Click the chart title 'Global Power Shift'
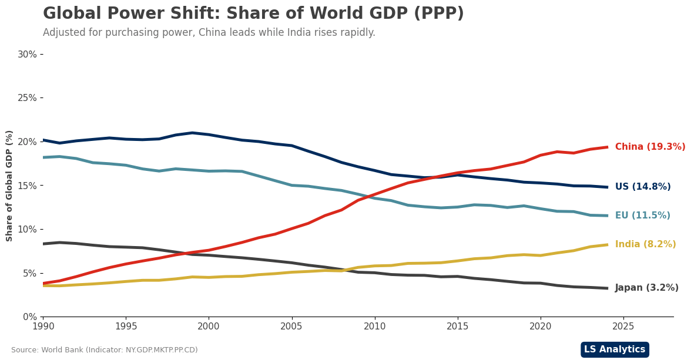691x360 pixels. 253,14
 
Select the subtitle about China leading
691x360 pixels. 209,33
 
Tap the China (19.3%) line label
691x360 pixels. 650,147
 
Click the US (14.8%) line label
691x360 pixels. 642,187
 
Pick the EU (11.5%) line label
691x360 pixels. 642,216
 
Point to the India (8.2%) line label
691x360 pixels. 645,244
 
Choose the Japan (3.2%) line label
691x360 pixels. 646,288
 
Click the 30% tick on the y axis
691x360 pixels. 27,54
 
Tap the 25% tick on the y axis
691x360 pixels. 27,97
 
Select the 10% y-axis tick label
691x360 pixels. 27,229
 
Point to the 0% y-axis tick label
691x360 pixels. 29,317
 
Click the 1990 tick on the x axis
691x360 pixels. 43,325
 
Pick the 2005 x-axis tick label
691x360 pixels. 291,325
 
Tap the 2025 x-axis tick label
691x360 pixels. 623,325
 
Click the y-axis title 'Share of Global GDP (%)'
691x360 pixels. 9,186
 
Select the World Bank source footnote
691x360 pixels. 105,350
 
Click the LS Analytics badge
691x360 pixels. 614,349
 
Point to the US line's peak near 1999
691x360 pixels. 192,133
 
